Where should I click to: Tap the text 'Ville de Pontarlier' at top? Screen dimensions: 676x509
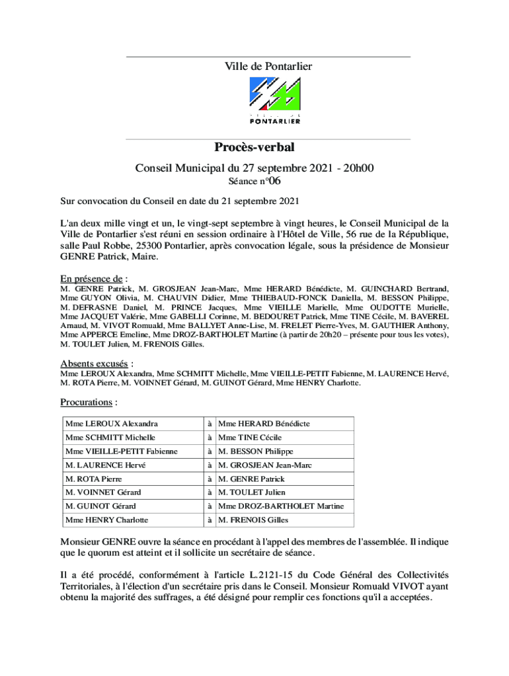268,66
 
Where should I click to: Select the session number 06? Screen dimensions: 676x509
278,180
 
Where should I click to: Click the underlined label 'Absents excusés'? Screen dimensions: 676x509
94,364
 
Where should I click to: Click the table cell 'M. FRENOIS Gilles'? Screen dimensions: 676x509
253,520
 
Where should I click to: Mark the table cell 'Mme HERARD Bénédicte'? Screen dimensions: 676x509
264,424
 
